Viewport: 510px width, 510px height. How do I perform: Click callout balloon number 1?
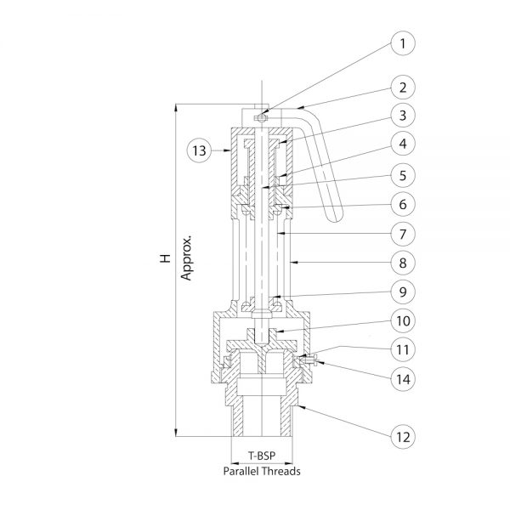tap(403, 43)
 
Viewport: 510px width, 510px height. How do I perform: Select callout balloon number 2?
tap(403, 88)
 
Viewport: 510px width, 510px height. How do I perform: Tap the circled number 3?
tap(403, 115)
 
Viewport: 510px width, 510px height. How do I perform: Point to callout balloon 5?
tap(403, 175)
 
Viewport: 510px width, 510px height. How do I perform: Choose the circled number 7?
tap(403, 234)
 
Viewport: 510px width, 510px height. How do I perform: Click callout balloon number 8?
tap(403, 263)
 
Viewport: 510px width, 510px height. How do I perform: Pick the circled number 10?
tap(403, 320)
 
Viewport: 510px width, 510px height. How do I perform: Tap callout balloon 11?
tap(403, 349)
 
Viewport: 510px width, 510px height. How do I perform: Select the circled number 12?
tap(403, 437)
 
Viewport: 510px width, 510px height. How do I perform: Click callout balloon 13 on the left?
tap(200, 150)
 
